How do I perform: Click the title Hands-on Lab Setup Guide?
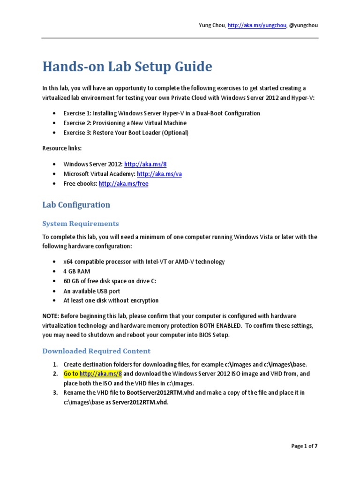tap(127, 67)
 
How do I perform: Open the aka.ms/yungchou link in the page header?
tap(256, 25)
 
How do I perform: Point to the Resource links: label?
tap(62, 148)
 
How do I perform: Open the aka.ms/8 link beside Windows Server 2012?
tap(139, 165)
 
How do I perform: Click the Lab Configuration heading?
tap(76, 205)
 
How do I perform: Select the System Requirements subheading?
tap(81, 224)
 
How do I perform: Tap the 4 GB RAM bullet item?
tap(77, 271)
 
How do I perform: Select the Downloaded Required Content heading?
tap(97, 351)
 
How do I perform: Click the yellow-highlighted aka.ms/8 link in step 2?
tap(100, 374)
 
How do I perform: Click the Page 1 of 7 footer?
tap(304, 446)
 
